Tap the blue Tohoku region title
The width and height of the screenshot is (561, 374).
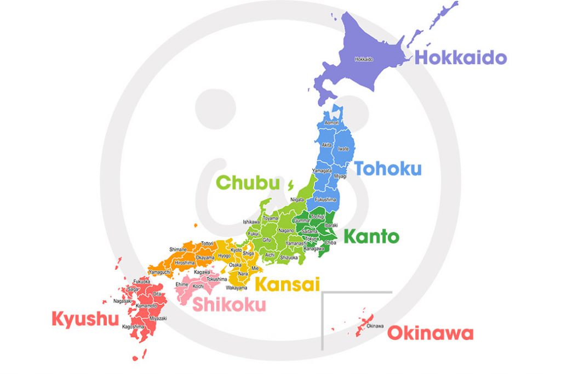tap(388, 168)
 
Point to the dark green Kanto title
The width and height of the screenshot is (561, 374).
tap(371, 237)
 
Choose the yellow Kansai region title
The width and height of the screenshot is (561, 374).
tap(287, 284)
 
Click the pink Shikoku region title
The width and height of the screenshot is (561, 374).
tap(228, 304)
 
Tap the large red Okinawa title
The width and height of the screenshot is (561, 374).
tap(430, 333)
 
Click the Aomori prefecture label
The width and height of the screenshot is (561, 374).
tap(332, 123)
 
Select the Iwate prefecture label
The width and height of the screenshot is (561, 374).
tap(344, 149)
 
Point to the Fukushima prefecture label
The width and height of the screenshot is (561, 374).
tap(325, 200)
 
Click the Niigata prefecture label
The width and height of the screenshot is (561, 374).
tap(296, 200)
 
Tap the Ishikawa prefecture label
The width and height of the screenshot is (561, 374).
tap(252, 222)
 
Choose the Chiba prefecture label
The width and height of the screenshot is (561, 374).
tap(330, 242)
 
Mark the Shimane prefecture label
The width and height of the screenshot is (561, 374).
tap(178, 250)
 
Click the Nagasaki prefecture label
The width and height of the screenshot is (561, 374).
tap(122, 301)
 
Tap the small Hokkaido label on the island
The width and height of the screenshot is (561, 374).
tap(364, 59)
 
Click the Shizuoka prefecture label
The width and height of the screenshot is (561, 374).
tap(289, 257)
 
